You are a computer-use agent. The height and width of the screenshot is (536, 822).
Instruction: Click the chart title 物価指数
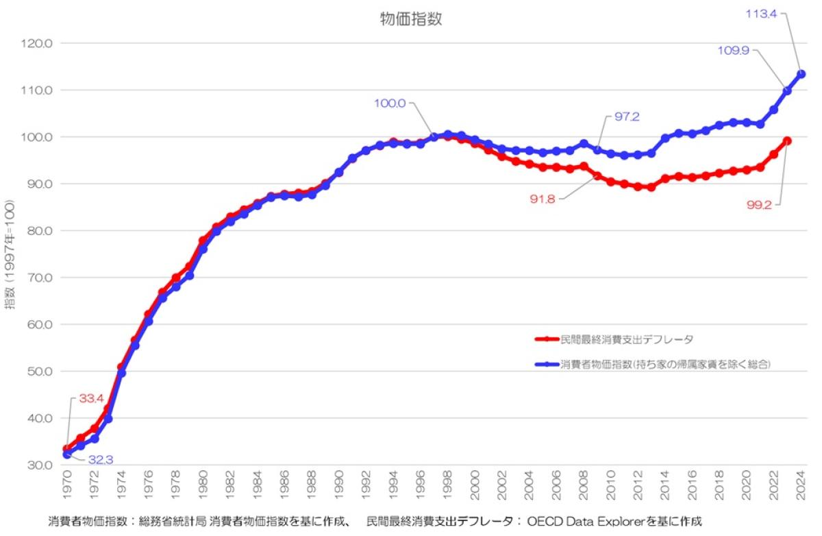[x=411, y=19]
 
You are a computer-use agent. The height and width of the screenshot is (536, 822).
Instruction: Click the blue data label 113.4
[x=762, y=12]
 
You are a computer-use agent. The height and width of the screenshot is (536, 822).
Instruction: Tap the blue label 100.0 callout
[x=390, y=103]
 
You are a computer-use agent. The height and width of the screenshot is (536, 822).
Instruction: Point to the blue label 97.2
[x=627, y=117]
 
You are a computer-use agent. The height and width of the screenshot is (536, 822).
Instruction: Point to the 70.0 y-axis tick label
[x=39, y=278]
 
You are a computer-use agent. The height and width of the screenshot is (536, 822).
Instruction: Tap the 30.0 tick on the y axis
[x=39, y=465]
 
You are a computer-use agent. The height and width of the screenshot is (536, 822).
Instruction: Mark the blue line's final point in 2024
[x=801, y=74]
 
